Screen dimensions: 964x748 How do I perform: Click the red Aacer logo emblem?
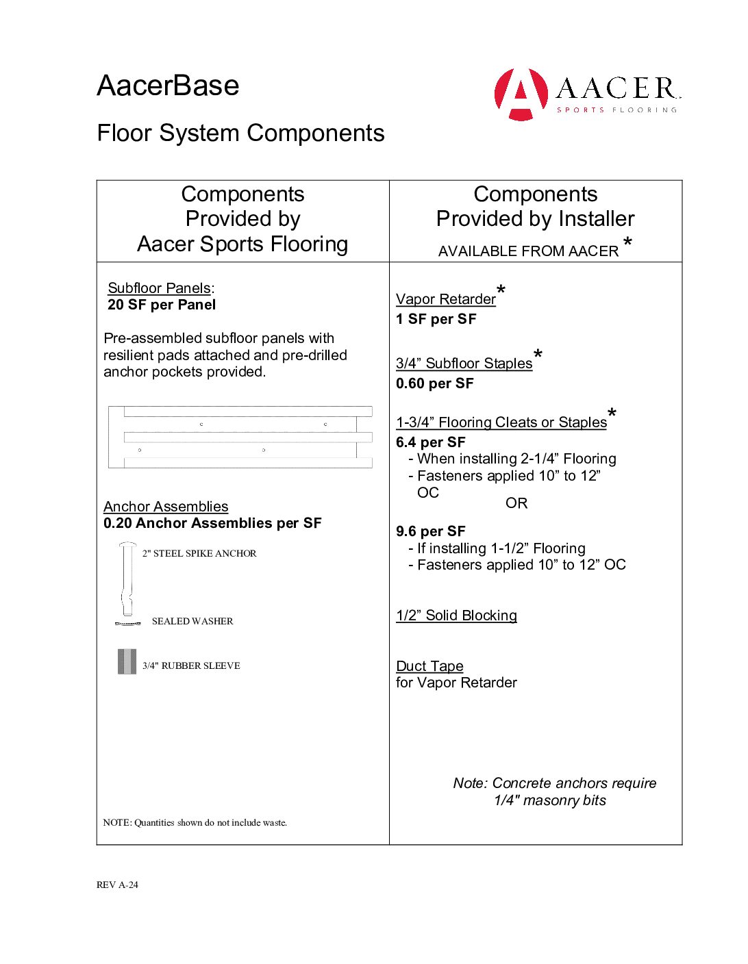521,94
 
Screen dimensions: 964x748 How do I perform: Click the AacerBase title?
168,86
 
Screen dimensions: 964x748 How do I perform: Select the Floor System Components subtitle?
240,133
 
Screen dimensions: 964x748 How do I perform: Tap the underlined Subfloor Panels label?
159,288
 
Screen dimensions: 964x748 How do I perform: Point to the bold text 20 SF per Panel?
162,305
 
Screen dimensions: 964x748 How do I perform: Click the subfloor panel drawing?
240,437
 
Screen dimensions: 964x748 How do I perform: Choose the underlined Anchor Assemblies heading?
166,507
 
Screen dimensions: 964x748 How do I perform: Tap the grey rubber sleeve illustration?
127,662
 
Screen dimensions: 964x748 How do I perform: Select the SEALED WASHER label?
192,621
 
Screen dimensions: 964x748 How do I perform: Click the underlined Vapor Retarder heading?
446,299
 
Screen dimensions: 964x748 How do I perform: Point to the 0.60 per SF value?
435,383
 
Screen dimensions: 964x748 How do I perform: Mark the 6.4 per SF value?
431,442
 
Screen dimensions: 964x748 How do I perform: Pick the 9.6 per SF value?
431,531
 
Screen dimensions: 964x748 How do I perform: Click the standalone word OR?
516,503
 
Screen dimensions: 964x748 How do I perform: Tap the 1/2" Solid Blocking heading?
456,616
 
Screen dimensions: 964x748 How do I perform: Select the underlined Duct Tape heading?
429,666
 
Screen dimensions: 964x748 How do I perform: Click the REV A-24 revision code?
117,885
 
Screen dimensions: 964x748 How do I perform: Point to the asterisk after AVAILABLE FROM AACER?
627,243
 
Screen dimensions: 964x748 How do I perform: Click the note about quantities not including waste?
195,822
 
